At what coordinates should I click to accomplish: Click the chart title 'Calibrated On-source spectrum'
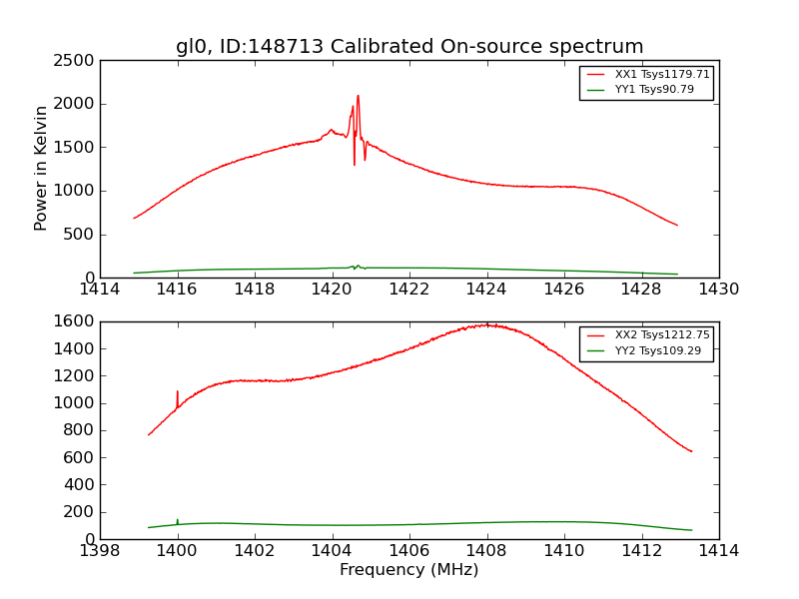487,47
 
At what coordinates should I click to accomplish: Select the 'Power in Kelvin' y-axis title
42,168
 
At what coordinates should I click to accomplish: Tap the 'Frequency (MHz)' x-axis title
408,570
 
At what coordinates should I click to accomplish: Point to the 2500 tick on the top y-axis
77,61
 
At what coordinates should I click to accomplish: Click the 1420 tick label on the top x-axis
332,290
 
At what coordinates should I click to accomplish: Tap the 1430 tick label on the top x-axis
718,290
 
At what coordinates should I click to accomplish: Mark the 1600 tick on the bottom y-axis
77,322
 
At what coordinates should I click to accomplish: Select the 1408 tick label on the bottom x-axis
486,551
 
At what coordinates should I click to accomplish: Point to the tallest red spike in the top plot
358,97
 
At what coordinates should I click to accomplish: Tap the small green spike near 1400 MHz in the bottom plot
178,520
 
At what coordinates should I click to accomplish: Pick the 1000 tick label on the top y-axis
77,191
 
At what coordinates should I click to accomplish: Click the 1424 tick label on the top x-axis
486,290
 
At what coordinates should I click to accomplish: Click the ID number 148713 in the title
289,47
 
